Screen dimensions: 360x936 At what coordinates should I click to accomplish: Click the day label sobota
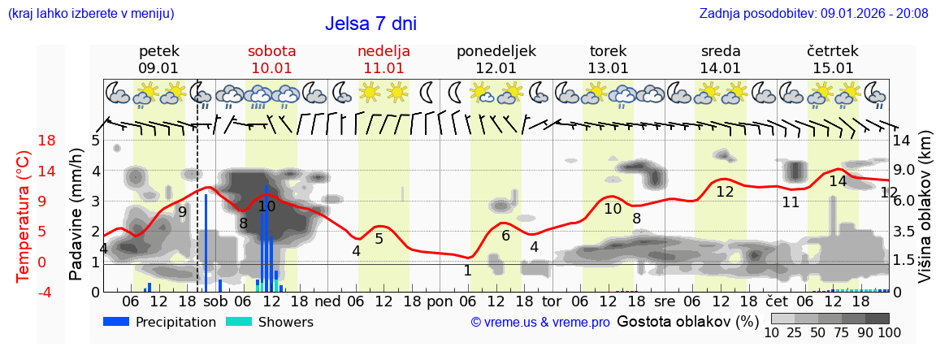click(271, 51)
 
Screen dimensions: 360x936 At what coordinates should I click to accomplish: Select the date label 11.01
click(383, 68)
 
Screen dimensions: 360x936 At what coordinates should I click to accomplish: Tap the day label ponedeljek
click(496, 51)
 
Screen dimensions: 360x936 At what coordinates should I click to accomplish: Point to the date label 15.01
click(833, 68)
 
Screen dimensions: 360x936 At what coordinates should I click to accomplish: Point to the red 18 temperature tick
click(24, 141)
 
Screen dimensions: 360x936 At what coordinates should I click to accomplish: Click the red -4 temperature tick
click(24, 292)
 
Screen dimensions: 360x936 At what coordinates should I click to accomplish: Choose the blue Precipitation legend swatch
click(117, 322)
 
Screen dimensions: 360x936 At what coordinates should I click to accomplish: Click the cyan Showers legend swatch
click(239, 322)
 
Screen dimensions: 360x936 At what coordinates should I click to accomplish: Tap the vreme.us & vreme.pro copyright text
click(540, 323)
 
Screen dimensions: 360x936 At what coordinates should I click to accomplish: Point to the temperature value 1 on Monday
click(467, 271)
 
